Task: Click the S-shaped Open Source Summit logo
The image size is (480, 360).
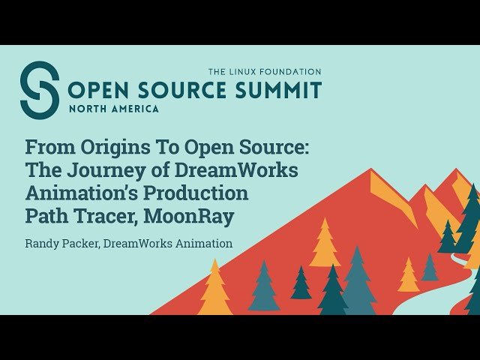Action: click(39, 90)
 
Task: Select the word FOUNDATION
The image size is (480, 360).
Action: click(294, 71)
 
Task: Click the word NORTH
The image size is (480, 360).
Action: click(89, 109)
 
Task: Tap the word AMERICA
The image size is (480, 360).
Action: click(136, 109)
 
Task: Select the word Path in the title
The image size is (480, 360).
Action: click(46, 216)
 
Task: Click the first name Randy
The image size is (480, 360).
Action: click(41, 244)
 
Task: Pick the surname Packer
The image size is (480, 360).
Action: click(86, 244)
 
